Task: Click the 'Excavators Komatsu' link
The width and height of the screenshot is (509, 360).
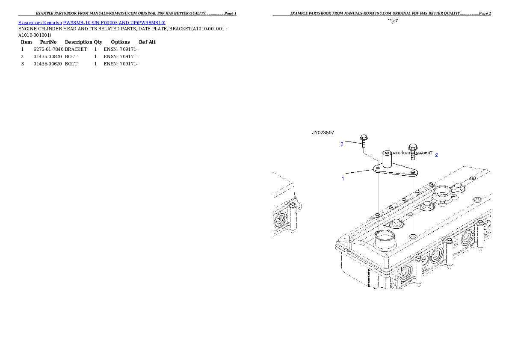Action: pos(40,23)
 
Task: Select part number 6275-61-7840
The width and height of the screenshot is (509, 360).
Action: pos(48,49)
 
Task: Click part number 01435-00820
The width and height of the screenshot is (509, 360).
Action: pos(47,56)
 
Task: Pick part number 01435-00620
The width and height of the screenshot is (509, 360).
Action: pos(47,64)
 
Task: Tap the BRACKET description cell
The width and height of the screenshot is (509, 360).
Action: pos(76,49)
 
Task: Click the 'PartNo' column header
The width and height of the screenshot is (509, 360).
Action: pos(48,42)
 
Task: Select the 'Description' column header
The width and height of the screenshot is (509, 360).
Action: pos(79,42)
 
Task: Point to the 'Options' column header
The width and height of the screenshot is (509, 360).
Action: pos(120,42)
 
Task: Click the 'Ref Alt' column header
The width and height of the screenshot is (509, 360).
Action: pos(147,42)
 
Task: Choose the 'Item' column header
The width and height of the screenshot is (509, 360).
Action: pos(26,42)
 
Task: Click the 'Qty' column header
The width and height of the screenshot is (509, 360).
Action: pos(98,42)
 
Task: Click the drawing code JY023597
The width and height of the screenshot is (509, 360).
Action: pos(323,133)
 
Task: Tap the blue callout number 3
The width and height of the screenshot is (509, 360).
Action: pos(342,144)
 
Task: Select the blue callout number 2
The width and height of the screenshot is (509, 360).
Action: pos(437,155)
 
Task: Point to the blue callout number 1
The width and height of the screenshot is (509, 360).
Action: pos(343,179)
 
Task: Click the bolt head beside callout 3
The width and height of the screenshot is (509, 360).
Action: pos(364,138)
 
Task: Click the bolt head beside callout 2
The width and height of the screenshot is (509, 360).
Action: pos(413,147)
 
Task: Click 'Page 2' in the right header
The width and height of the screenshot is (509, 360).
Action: pos(485,13)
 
